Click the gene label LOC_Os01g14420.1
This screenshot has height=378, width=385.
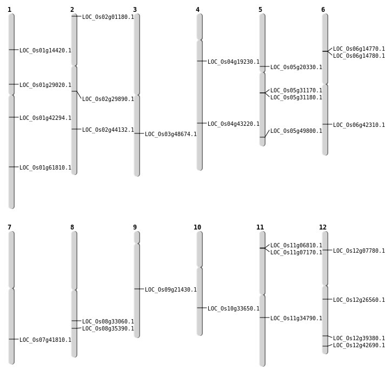coord(45,51)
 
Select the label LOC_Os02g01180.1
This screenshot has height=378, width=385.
coord(108,17)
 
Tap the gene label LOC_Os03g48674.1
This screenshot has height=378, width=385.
coord(171,134)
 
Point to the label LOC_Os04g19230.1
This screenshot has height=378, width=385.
coord(234,62)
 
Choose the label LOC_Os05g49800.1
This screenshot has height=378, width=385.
coord(296,131)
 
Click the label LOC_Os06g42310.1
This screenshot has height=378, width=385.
coord(359,125)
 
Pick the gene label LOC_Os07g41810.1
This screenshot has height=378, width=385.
coord(45,340)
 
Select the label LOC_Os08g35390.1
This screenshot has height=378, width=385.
coord(108,329)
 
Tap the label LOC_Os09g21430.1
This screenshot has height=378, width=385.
coord(171,290)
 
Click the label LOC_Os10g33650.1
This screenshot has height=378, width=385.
coord(234,309)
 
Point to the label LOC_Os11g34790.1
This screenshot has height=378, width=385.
coord(296,319)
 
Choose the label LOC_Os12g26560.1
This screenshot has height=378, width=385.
coord(359,300)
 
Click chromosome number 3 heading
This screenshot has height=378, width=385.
coord(135,10)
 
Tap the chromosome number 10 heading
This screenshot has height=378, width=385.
coord(197,227)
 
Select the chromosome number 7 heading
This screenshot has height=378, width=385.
coord(9,227)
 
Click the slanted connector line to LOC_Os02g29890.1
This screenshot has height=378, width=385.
coord(79,95)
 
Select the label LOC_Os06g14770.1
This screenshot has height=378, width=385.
coord(359,49)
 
